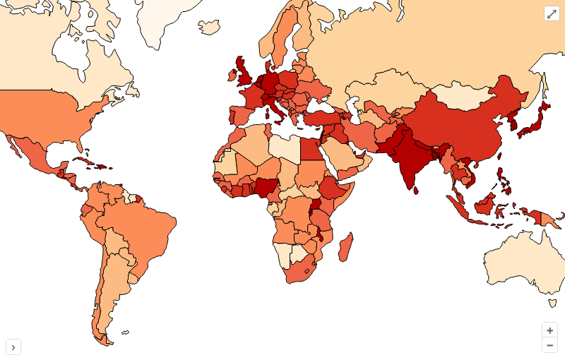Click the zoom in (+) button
point(549,330)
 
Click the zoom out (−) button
point(549,345)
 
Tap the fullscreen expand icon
point(552,14)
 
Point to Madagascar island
point(346,248)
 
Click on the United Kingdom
point(246,73)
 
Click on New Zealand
point(552,303)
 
